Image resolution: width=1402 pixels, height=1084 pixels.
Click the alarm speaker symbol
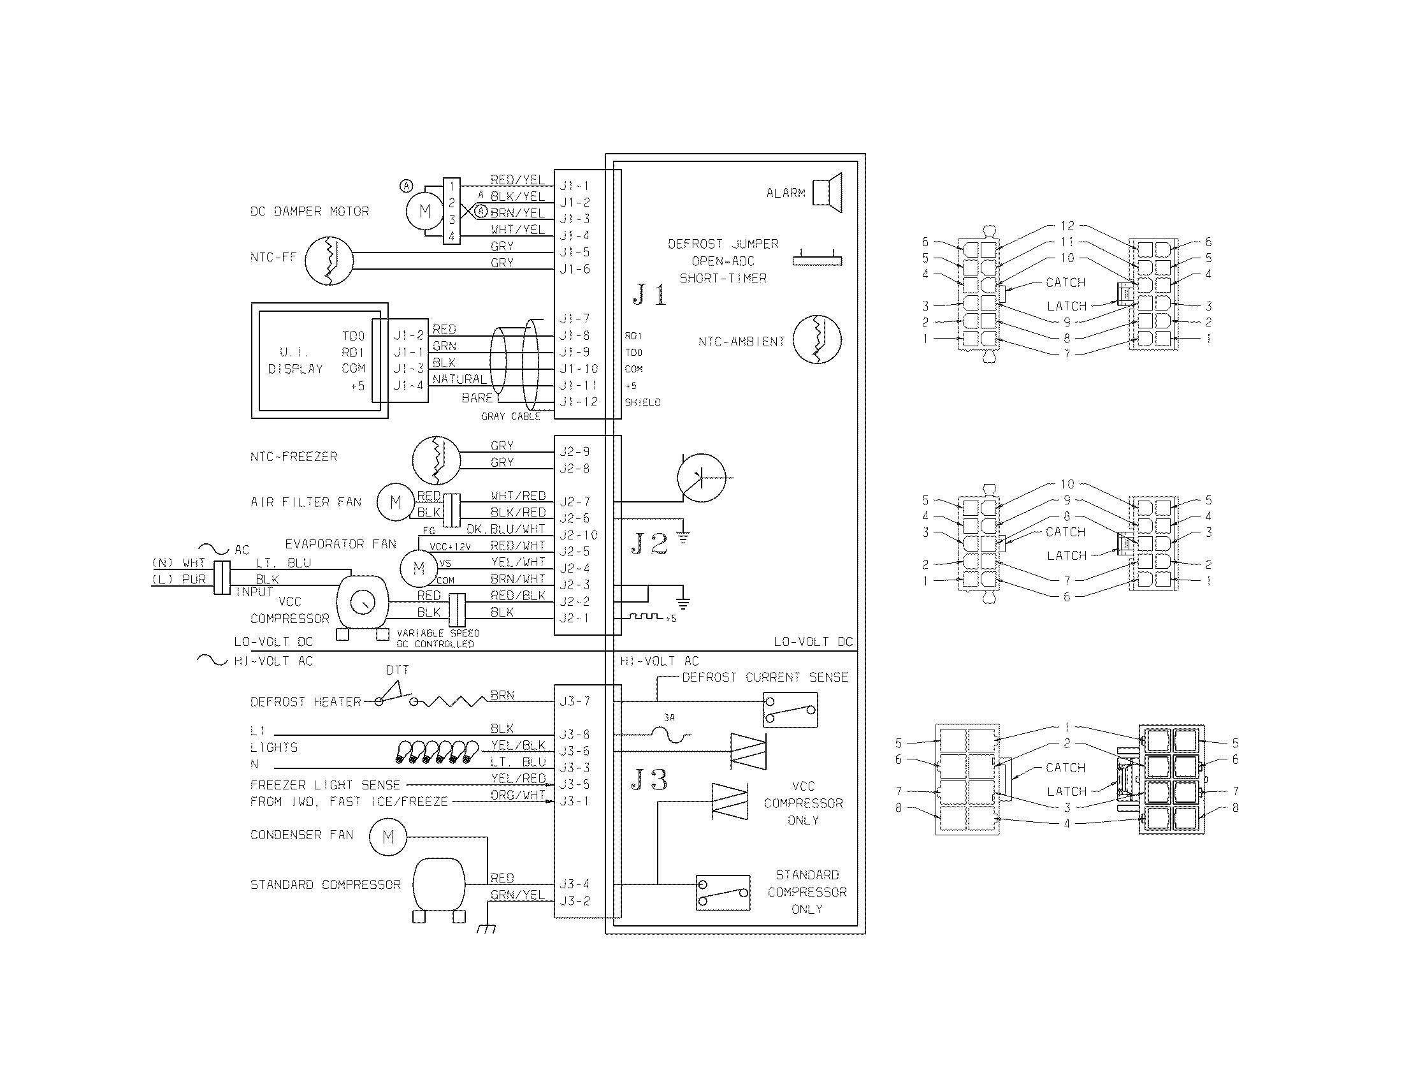tap(828, 192)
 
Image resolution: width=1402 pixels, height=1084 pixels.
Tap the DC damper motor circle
tap(424, 210)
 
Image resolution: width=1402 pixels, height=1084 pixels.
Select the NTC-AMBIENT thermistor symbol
tap(817, 340)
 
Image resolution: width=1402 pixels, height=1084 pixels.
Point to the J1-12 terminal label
tap(578, 402)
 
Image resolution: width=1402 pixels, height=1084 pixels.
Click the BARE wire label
tap(477, 398)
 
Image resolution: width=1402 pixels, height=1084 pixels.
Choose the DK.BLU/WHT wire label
tap(506, 529)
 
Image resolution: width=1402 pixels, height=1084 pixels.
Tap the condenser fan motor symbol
tap(387, 837)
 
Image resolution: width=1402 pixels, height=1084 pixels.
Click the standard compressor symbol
tap(439, 886)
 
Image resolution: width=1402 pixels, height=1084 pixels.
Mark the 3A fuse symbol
tap(669, 733)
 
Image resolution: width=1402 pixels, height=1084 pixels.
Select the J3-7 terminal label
tap(574, 701)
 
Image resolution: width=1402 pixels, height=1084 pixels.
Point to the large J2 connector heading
tap(649, 544)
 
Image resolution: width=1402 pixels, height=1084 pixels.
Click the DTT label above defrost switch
tap(398, 670)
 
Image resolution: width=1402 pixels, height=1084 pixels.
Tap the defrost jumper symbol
tap(816, 260)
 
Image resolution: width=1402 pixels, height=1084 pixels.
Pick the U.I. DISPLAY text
tap(295, 360)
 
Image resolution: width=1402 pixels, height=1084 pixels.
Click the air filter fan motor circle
tap(396, 502)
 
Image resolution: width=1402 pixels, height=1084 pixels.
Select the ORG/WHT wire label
tap(517, 795)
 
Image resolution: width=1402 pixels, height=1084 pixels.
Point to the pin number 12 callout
tap(1067, 226)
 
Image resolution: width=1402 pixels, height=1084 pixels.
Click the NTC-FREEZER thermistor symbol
tap(437, 460)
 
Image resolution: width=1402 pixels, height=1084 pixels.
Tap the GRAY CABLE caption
tap(510, 416)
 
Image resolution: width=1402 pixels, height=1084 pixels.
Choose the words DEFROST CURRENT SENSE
tap(765, 677)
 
